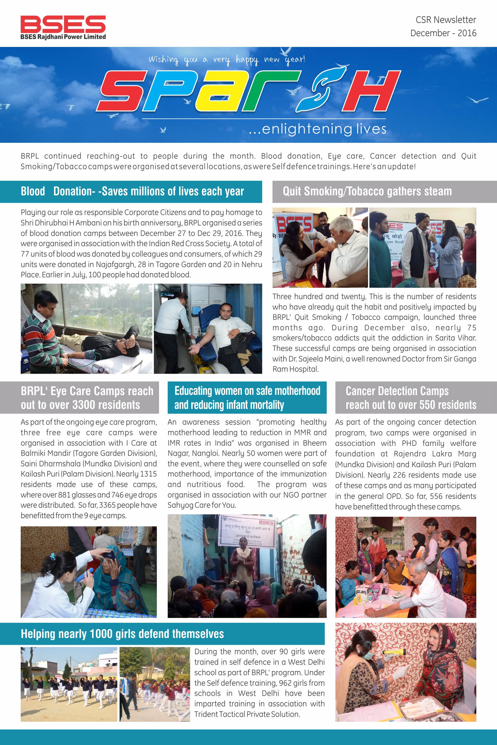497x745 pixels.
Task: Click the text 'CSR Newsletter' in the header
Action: click(446, 20)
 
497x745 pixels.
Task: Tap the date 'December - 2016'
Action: click(443, 33)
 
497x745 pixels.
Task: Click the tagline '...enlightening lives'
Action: click(317, 129)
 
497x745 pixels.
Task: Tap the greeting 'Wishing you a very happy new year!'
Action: click(227, 59)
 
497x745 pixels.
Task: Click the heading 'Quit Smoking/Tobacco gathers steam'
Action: click(367, 191)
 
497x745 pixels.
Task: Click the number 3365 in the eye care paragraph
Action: click(107, 505)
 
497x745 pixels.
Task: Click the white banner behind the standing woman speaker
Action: click(248, 532)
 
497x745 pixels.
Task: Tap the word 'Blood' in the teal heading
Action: click(33, 191)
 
